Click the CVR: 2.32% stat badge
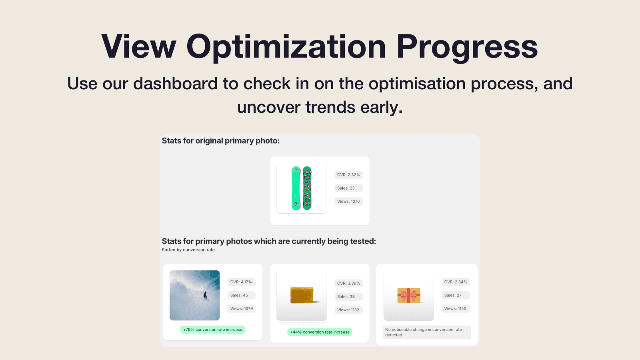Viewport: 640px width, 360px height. [348, 175]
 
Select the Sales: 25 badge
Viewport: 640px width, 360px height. [348, 188]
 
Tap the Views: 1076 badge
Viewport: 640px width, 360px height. [348, 202]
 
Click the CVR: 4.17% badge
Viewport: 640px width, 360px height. [242, 282]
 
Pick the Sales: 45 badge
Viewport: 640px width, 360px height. [242, 295]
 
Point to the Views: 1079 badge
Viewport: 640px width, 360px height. [242, 308]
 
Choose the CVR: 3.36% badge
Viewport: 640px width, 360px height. [348, 283]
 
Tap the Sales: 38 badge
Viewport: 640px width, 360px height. [348, 296]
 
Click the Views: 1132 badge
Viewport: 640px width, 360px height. [348, 310]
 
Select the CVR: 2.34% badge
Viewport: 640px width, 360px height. [456, 282]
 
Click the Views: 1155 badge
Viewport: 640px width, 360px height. [456, 308]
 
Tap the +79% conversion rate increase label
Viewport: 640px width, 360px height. [212, 330]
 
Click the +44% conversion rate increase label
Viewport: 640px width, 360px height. [320, 332]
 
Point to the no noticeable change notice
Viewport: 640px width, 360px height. [427, 332]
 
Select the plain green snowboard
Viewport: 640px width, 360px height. [296, 188]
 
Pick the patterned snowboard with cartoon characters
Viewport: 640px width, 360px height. [307, 188]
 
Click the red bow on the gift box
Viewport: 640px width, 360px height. [408, 296]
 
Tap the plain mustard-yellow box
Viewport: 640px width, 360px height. [302, 295]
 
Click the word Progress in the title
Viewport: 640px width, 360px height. [467, 46]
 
